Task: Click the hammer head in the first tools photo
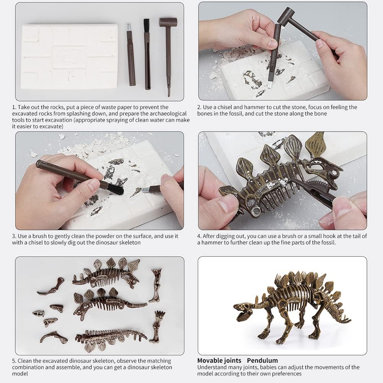[x=168, y=22]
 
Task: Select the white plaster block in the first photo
[x=70, y=56]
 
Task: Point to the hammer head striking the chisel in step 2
[x=286, y=15]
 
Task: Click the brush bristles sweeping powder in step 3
[x=115, y=189]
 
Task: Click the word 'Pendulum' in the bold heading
[x=262, y=360]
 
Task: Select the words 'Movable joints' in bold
[x=219, y=360]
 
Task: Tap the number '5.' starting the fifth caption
[x=14, y=361]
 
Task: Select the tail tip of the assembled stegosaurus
[x=350, y=319]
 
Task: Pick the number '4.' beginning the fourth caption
[x=200, y=236]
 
